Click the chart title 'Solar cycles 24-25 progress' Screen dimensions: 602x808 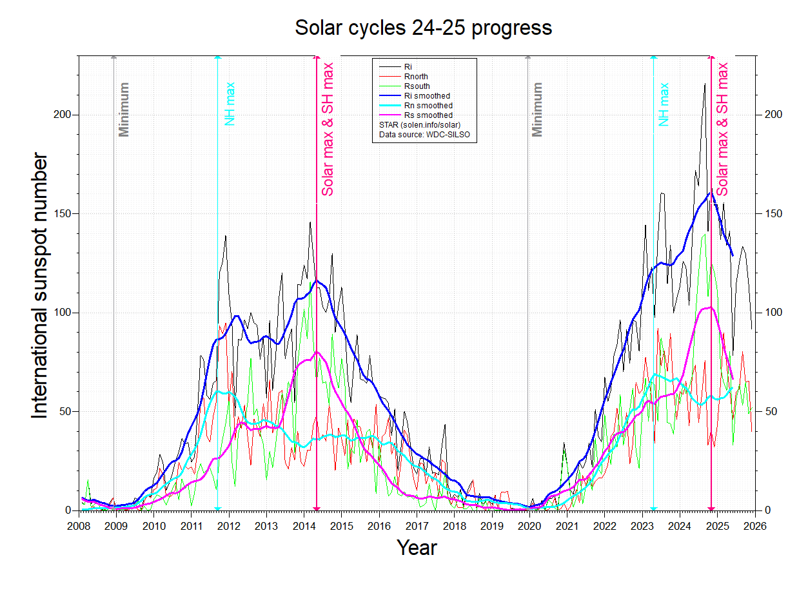423,28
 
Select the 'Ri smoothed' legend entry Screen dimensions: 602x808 427,96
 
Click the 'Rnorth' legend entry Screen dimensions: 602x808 416,77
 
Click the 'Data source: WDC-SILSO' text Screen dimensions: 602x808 424,135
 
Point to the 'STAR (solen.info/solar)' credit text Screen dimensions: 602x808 420,125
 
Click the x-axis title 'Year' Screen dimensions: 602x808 417,548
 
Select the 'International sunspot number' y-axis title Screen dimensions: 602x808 40,286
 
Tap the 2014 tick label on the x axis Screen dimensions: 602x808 304,525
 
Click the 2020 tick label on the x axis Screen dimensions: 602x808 529,525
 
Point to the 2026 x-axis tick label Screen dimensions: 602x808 754,525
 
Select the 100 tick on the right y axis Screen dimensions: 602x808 773,313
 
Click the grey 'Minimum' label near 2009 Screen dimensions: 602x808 124,110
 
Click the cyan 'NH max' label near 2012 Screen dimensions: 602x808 230,104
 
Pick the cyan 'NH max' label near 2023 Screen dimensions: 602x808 664,104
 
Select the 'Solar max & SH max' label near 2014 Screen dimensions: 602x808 328,129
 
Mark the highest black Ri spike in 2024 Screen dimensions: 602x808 705,84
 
